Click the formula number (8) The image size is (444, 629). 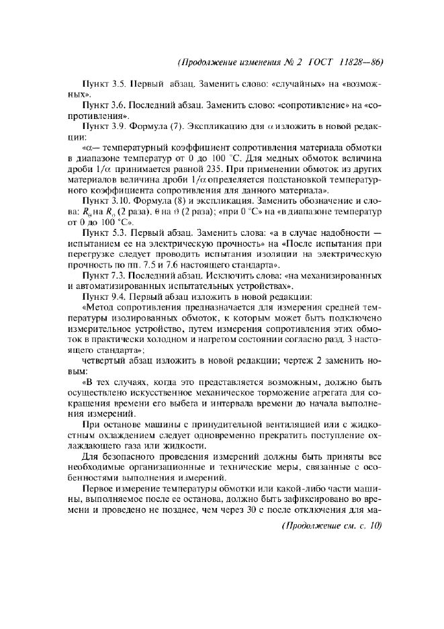click(177, 200)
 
